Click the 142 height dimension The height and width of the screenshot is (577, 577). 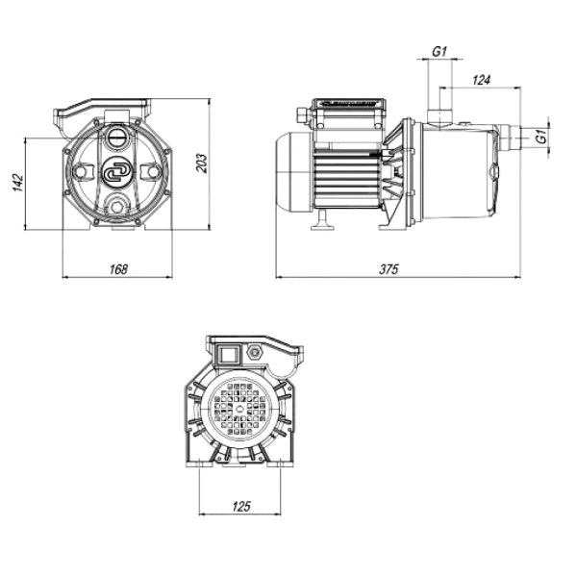pyautogui.click(x=18, y=182)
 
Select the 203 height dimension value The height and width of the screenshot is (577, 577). pyautogui.click(x=202, y=163)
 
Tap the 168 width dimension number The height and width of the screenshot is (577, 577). pyautogui.click(x=118, y=269)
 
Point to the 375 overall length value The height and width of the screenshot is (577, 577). pyautogui.click(x=389, y=269)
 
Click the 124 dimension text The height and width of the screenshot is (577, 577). pyautogui.click(x=482, y=80)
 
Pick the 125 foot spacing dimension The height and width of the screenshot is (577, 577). pyautogui.click(x=241, y=507)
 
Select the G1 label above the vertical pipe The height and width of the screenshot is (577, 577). pyautogui.click(x=439, y=52)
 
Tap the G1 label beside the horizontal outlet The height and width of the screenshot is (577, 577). pyautogui.click(x=541, y=137)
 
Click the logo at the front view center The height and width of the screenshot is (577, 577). pyautogui.click(x=114, y=172)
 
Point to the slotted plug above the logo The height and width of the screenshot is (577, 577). pyautogui.click(x=117, y=138)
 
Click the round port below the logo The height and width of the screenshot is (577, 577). pyautogui.click(x=117, y=207)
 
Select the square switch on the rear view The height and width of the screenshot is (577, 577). pyautogui.click(x=228, y=356)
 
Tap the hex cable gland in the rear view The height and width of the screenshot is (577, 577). pyautogui.click(x=254, y=352)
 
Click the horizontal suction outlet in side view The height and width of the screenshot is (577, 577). pyautogui.click(x=511, y=138)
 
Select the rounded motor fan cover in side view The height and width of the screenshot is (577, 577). pyautogui.click(x=294, y=172)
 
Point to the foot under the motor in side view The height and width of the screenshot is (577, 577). pyautogui.click(x=322, y=220)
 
